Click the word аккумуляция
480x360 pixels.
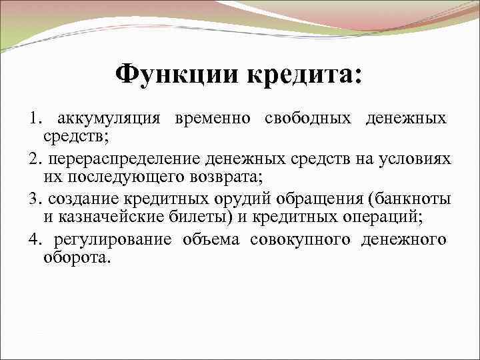[x=109, y=119]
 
